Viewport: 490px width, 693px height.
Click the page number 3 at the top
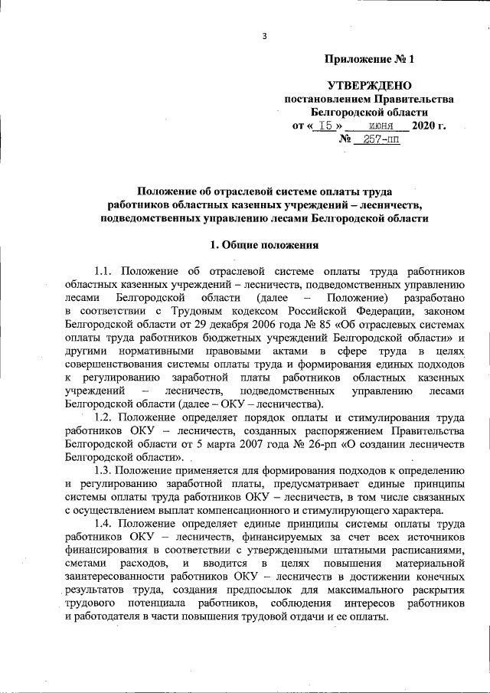(x=264, y=36)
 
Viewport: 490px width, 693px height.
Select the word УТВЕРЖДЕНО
(x=369, y=85)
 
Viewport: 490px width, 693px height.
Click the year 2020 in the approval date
(x=425, y=126)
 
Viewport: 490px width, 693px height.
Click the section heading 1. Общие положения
(x=264, y=245)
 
